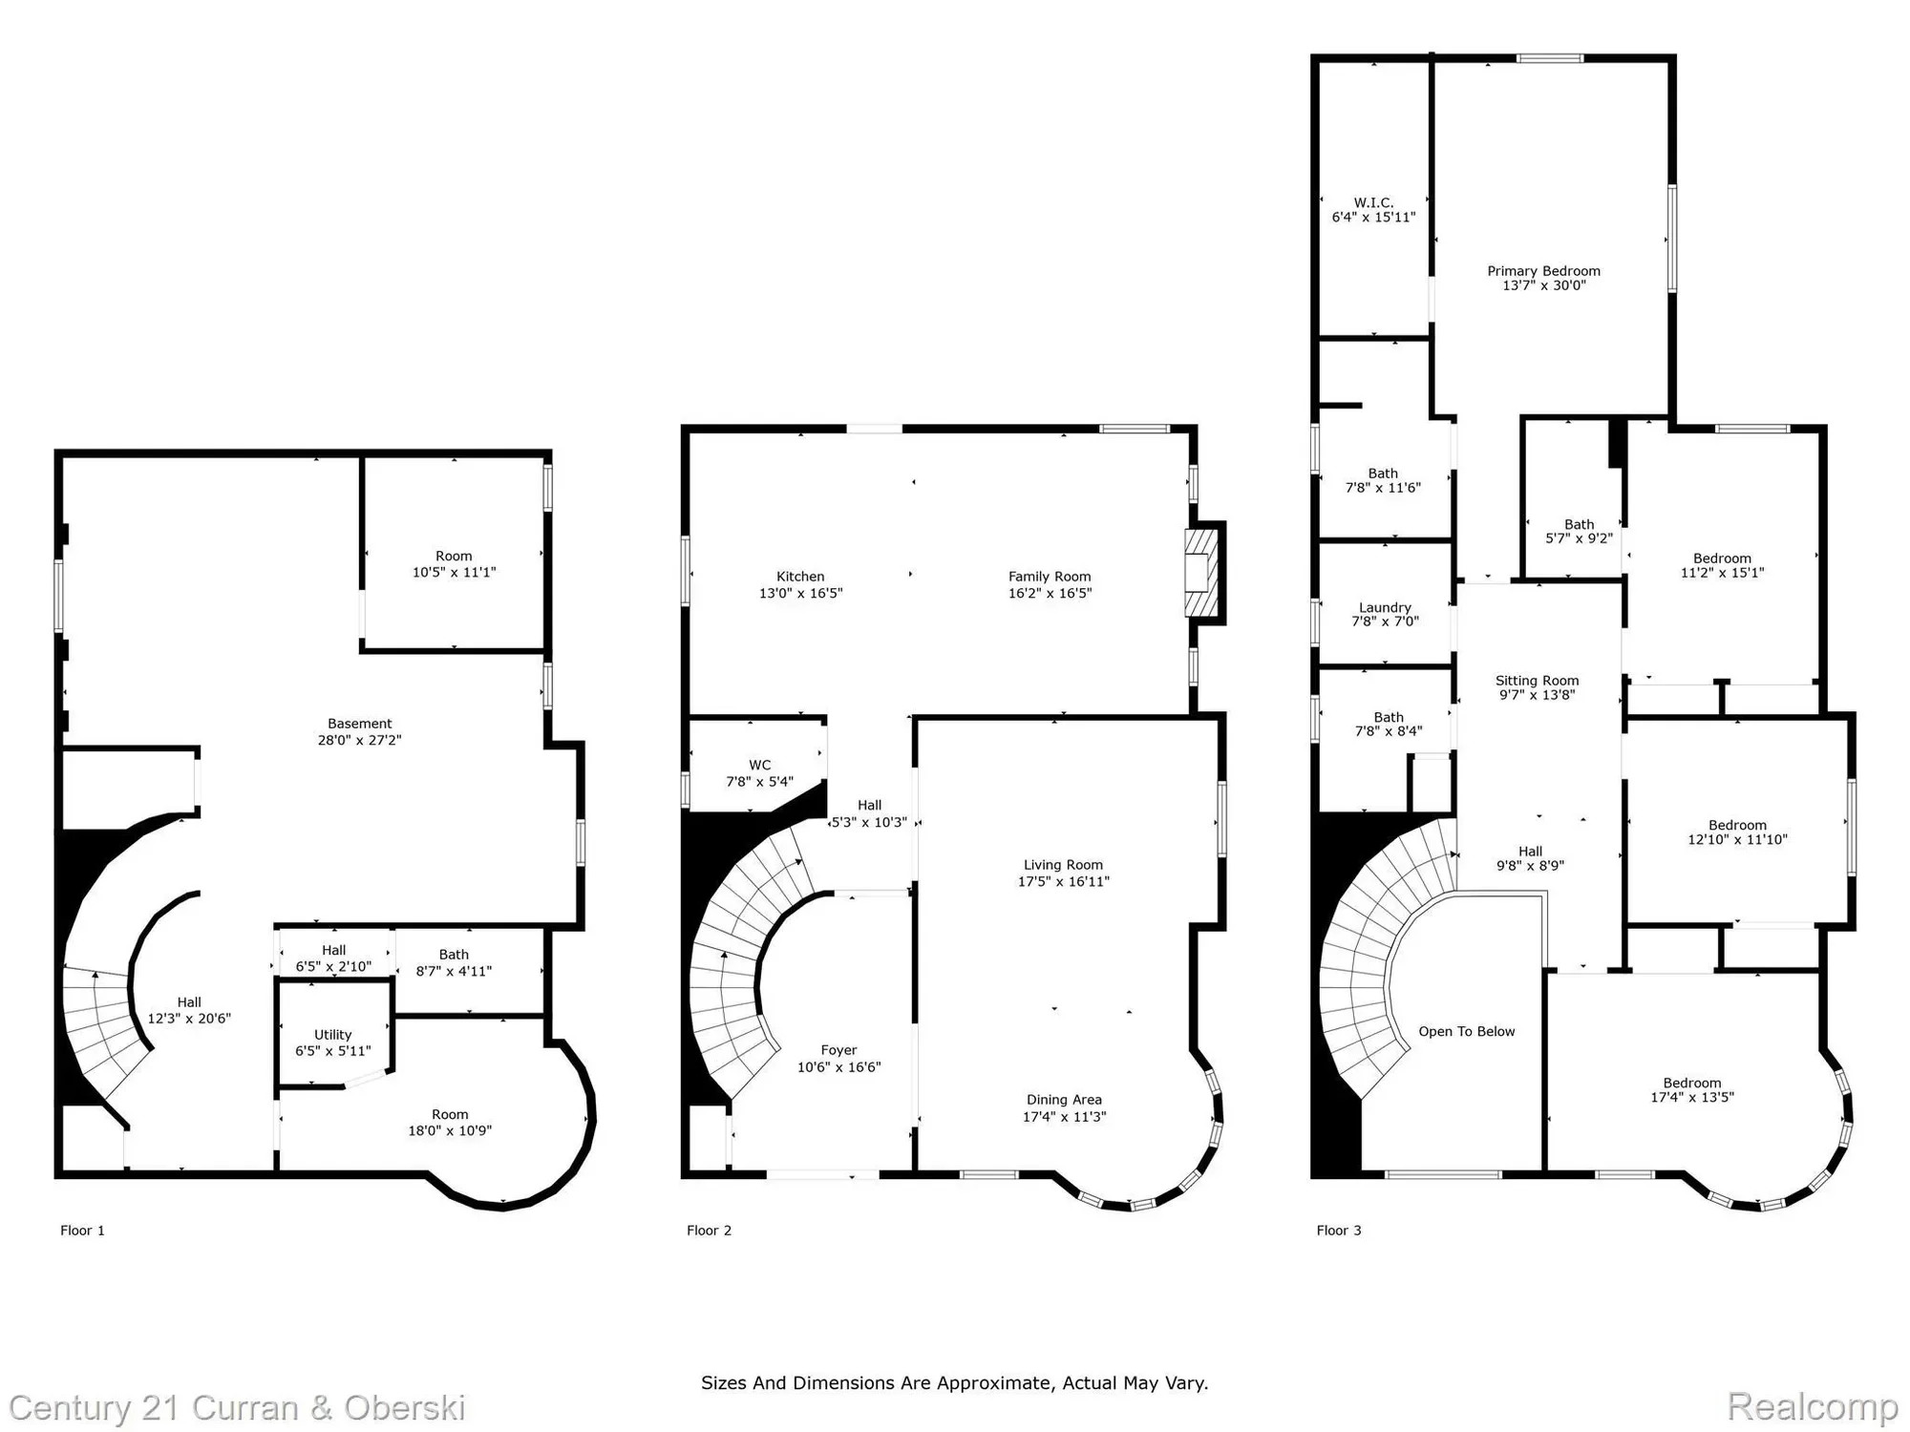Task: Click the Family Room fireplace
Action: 1203,573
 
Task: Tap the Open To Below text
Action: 1467,1031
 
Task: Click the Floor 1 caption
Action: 83,1230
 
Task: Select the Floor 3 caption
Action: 1339,1230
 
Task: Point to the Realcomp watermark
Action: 1812,1406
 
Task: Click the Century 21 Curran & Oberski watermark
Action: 237,1408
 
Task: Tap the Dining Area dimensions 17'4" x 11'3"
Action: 1065,1116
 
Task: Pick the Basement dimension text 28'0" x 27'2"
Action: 360,740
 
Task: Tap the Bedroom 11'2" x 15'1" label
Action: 1723,565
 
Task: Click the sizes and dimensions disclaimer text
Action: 955,1382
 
